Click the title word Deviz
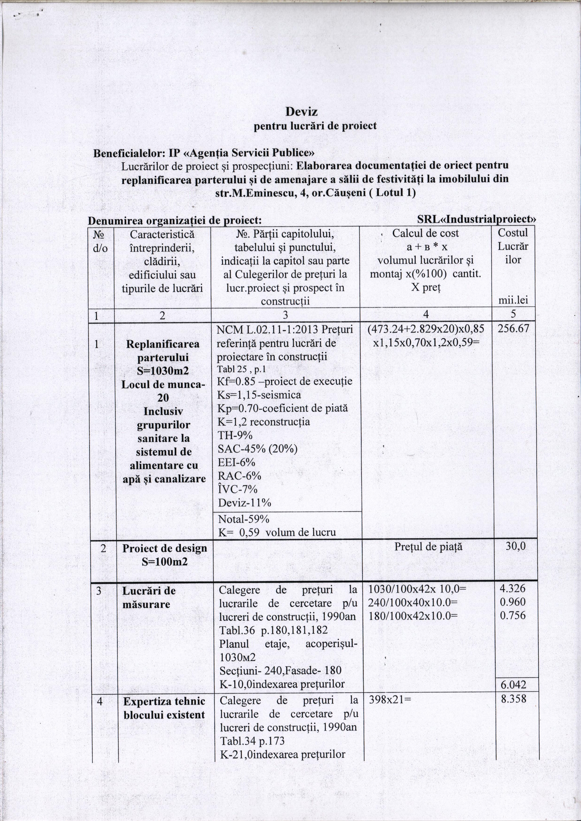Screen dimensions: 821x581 (x=301, y=112)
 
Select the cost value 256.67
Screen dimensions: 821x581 (x=513, y=329)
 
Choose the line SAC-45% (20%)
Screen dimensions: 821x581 (x=258, y=449)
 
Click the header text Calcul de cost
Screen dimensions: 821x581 (x=425, y=233)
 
